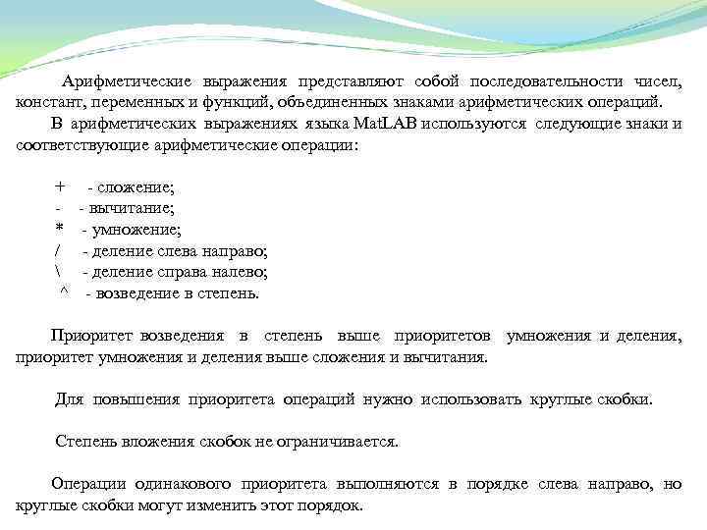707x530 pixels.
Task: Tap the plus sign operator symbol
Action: tap(61, 186)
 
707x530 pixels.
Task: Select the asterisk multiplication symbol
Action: tap(60, 230)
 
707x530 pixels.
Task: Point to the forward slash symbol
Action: tap(59, 250)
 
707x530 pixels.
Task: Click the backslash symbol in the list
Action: tap(59, 272)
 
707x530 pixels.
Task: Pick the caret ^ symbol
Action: tap(65, 292)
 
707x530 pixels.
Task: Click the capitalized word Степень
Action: tap(85, 442)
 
